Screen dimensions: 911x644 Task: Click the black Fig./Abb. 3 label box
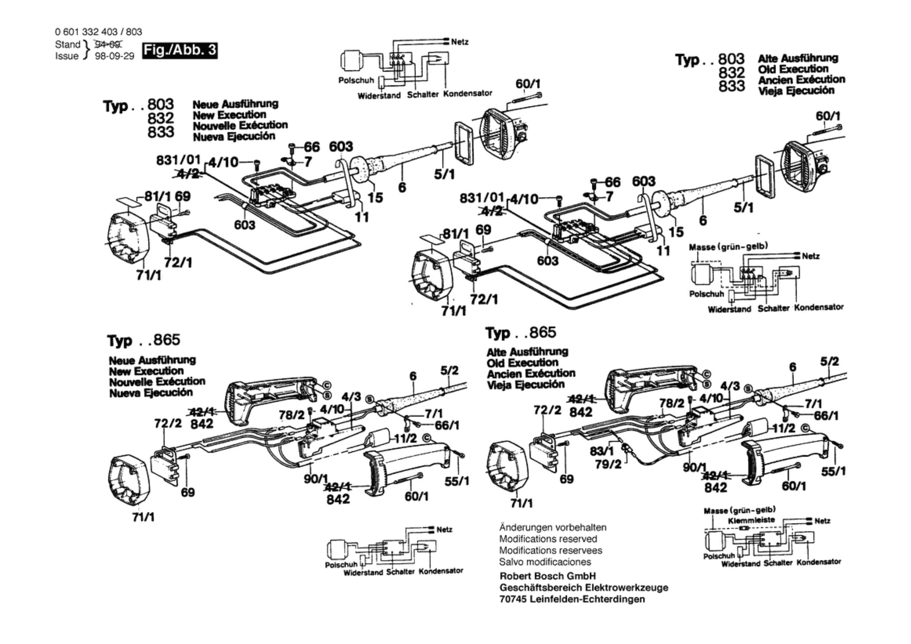pos(180,51)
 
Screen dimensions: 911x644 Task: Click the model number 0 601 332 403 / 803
pos(99,32)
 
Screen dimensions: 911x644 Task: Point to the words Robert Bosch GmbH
pos(547,576)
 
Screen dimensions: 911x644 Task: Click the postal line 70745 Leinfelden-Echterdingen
pos(572,599)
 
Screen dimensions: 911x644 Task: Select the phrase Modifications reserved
pos(548,539)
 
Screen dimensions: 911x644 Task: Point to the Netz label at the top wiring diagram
pos(459,42)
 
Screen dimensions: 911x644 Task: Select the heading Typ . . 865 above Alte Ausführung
pos(521,333)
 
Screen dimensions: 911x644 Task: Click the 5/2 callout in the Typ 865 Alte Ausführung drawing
pos(830,362)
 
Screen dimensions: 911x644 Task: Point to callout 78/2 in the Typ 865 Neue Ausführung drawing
pos(291,415)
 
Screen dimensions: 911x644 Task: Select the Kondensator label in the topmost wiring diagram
pos(467,93)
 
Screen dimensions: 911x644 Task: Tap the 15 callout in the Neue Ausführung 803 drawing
pos(375,198)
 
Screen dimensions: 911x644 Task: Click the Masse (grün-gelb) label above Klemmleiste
pos(740,510)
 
